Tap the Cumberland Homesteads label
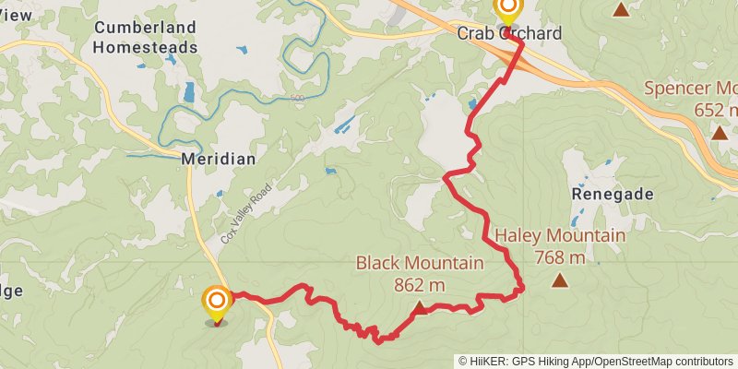point(146,37)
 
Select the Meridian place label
point(219,159)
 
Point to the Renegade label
point(613,195)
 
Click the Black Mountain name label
point(420,264)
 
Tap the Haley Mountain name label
point(560,236)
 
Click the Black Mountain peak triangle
point(420,308)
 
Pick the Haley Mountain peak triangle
point(560,280)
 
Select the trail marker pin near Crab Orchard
point(507,9)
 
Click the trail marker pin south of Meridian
point(216,302)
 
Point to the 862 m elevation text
point(420,285)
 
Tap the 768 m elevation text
point(560,257)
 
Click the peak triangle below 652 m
point(720,132)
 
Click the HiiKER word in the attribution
point(491,361)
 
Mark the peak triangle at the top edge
point(622,9)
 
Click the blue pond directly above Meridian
point(189,91)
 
